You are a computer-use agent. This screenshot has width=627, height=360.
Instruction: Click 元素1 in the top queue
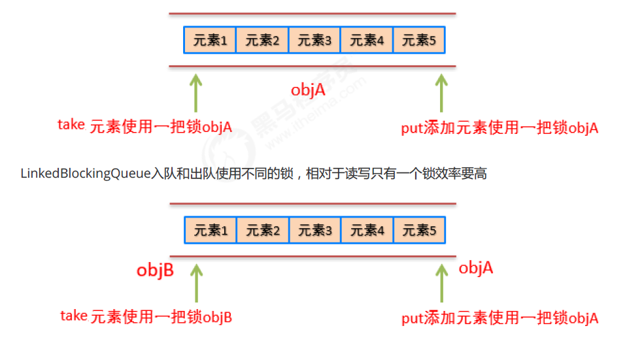[x=210, y=41]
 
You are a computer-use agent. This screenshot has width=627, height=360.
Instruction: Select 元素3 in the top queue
[x=314, y=41]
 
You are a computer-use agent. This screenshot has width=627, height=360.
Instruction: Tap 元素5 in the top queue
[x=419, y=41]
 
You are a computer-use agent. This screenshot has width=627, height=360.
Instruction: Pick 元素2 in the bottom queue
[x=262, y=231]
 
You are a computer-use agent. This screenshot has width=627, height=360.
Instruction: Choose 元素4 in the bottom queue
[x=367, y=231]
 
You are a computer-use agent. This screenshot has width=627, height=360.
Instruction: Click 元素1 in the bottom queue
[x=210, y=231]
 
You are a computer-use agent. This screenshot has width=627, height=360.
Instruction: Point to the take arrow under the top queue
[x=195, y=93]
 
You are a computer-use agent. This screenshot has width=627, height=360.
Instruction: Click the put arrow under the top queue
[x=441, y=93]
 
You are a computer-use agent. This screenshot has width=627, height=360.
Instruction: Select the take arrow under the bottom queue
[x=195, y=282]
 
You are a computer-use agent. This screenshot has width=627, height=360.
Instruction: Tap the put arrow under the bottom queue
[x=441, y=282]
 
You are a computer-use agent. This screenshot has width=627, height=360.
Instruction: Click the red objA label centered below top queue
[x=308, y=90]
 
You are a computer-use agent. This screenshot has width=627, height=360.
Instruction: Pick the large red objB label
[x=155, y=270]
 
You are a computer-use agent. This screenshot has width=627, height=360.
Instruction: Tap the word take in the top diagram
[x=71, y=125]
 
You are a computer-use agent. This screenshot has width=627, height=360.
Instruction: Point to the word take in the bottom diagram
[x=74, y=316]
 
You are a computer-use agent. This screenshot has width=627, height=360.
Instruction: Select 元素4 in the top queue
[x=367, y=41]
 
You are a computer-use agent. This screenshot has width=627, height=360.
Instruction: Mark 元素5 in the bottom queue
[x=419, y=231]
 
